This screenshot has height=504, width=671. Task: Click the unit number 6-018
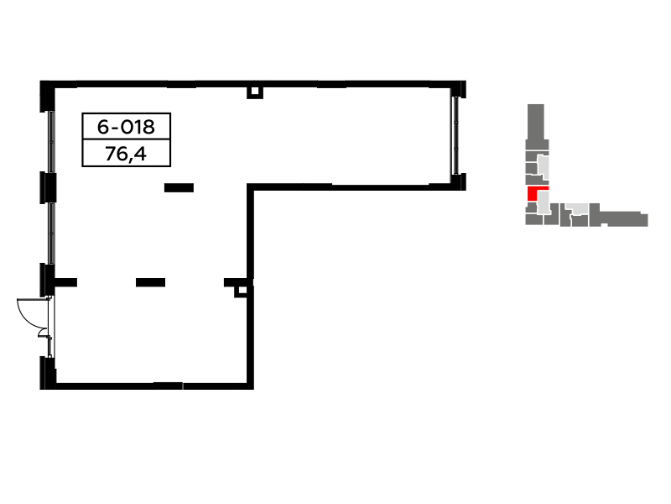click(x=126, y=127)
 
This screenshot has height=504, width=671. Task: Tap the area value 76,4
click(x=126, y=154)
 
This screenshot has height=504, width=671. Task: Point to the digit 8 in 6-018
click(x=149, y=127)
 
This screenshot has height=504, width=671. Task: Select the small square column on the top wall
click(x=255, y=92)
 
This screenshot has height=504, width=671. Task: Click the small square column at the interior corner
click(x=241, y=291)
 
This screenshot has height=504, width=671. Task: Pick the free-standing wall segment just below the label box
click(x=179, y=187)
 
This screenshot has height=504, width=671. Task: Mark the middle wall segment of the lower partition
click(x=151, y=282)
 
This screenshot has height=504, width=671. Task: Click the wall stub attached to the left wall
click(x=66, y=282)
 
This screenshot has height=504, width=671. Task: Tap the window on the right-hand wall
click(x=455, y=135)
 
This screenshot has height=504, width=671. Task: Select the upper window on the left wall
click(x=51, y=141)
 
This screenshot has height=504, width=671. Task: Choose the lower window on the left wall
click(x=51, y=234)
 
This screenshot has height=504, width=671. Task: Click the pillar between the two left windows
click(x=48, y=187)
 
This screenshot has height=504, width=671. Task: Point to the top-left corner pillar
click(x=47, y=96)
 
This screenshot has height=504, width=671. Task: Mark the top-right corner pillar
click(x=458, y=89)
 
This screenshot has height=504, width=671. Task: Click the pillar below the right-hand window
click(x=458, y=181)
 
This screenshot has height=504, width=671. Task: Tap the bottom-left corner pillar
click(x=48, y=373)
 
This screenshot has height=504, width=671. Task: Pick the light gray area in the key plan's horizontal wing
click(x=577, y=209)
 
